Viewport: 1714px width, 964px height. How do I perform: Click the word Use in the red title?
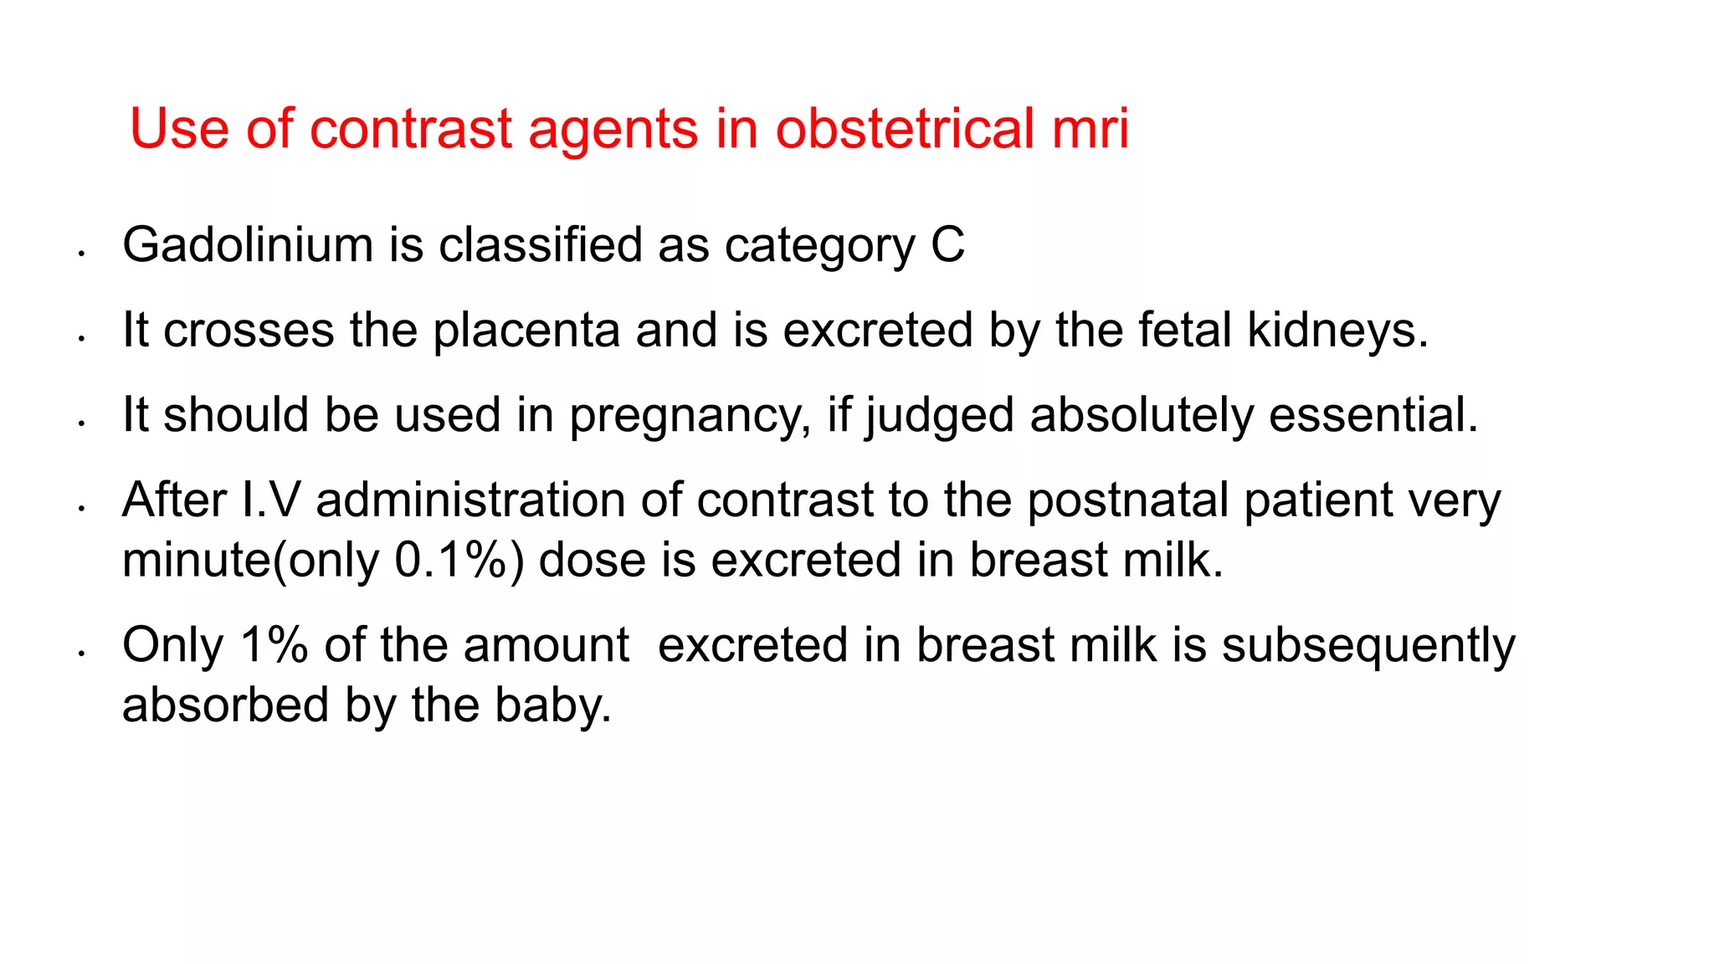[x=179, y=130]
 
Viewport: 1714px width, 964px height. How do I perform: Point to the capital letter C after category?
[x=947, y=245]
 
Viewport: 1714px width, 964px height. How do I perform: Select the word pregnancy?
[x=690, y=416]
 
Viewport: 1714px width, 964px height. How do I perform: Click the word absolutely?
[x=1142, y=416]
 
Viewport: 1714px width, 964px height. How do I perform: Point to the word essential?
[x=1373, y=416]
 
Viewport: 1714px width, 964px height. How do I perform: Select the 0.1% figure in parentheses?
[x=450, y=561]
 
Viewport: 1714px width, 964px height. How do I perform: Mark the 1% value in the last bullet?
[x=274, y=646]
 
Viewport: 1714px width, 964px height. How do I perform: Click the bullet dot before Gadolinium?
[x=81, y=253]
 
